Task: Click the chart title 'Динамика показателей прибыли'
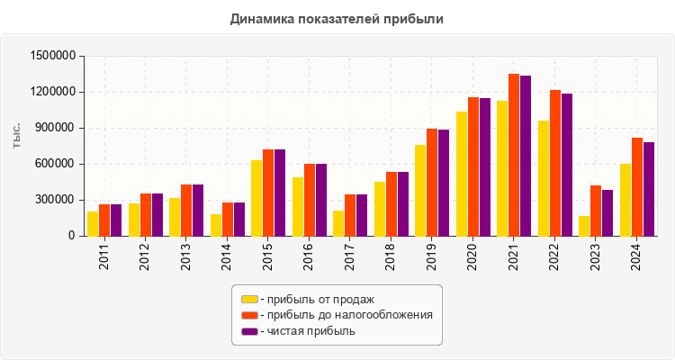337,18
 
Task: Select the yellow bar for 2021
502,168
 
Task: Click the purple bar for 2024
649,189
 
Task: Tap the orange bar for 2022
555,163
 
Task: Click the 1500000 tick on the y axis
51,56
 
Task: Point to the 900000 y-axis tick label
55,128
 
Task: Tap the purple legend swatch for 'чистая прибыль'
249,331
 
